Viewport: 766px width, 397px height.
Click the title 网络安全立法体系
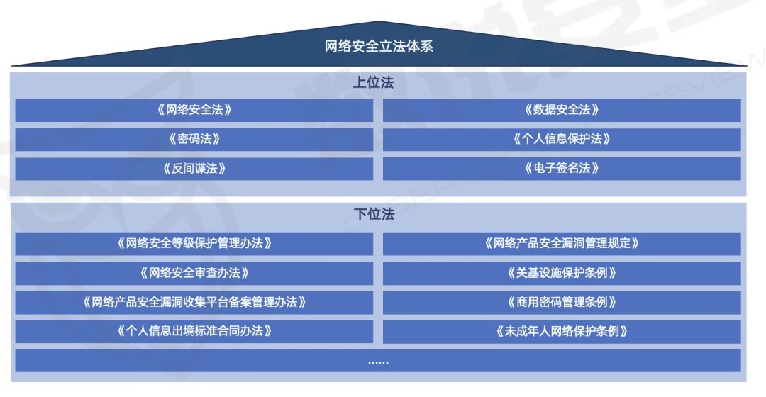coord(379,46)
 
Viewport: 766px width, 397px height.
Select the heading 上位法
coord(373,82)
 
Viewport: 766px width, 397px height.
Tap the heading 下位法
coord(374,214)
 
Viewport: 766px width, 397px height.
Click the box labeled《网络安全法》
coord(194,110)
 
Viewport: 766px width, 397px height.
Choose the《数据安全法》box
coord(562,110)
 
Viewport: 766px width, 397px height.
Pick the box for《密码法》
coord(194,139)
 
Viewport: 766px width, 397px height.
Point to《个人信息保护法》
coord(562,139)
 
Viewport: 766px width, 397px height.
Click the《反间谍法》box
coord(194,169)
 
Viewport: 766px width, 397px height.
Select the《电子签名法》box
coord(562,169)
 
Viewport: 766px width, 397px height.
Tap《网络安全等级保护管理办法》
coord(194,243)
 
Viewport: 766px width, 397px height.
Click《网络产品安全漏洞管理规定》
coord(562,243)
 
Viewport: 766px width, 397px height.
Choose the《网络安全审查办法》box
coord(194,273)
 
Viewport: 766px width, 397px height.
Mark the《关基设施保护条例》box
coord(562,273)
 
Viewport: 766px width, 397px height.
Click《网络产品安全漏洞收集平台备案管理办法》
coord(194,302)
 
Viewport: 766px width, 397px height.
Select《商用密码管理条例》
coord(562,302)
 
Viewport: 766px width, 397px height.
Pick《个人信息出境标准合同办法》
coord(194,331)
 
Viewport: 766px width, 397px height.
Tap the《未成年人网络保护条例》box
coord(562,331)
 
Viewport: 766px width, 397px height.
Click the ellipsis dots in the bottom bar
coord(378,362)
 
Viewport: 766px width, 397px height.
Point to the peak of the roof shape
coord(379,21)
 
